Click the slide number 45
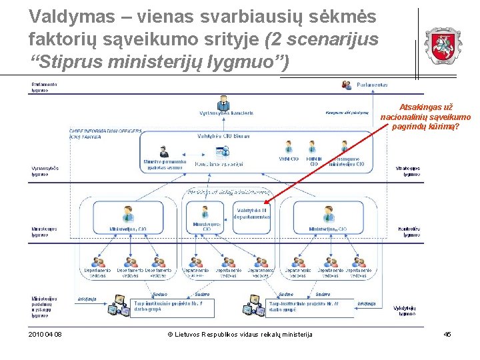coord(447,334)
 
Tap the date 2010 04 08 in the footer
coord(45,334)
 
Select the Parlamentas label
coord(372,85)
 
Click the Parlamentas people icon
coord(347,85)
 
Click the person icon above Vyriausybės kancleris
coord(223,103)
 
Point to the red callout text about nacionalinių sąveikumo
coord(425,116)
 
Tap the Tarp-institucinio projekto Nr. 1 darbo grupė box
coord(168,306)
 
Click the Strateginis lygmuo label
coord(407,171)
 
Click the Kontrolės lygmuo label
coord(408,232)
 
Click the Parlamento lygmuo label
coord(45,87)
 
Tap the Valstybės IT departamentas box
coord(253,213)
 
